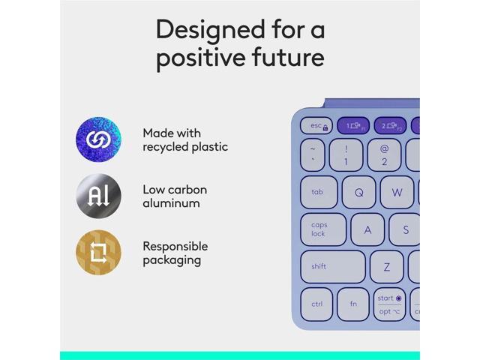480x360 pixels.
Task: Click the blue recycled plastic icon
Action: [98, 139]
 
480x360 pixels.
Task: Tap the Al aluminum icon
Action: [98, 196]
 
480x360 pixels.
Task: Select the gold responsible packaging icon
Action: [98, 252]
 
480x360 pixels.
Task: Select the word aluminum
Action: [171, 203]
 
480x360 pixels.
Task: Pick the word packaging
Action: [172, 260]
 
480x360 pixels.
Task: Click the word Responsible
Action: [175, 246]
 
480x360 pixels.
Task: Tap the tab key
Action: [319, 193]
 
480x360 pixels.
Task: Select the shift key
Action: [332, 266]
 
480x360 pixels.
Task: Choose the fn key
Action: [352, 304]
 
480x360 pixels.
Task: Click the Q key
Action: [358, 193]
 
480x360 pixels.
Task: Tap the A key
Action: [367, 230]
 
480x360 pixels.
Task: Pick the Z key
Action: [386, 267]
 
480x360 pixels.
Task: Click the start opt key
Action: [389, 304]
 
